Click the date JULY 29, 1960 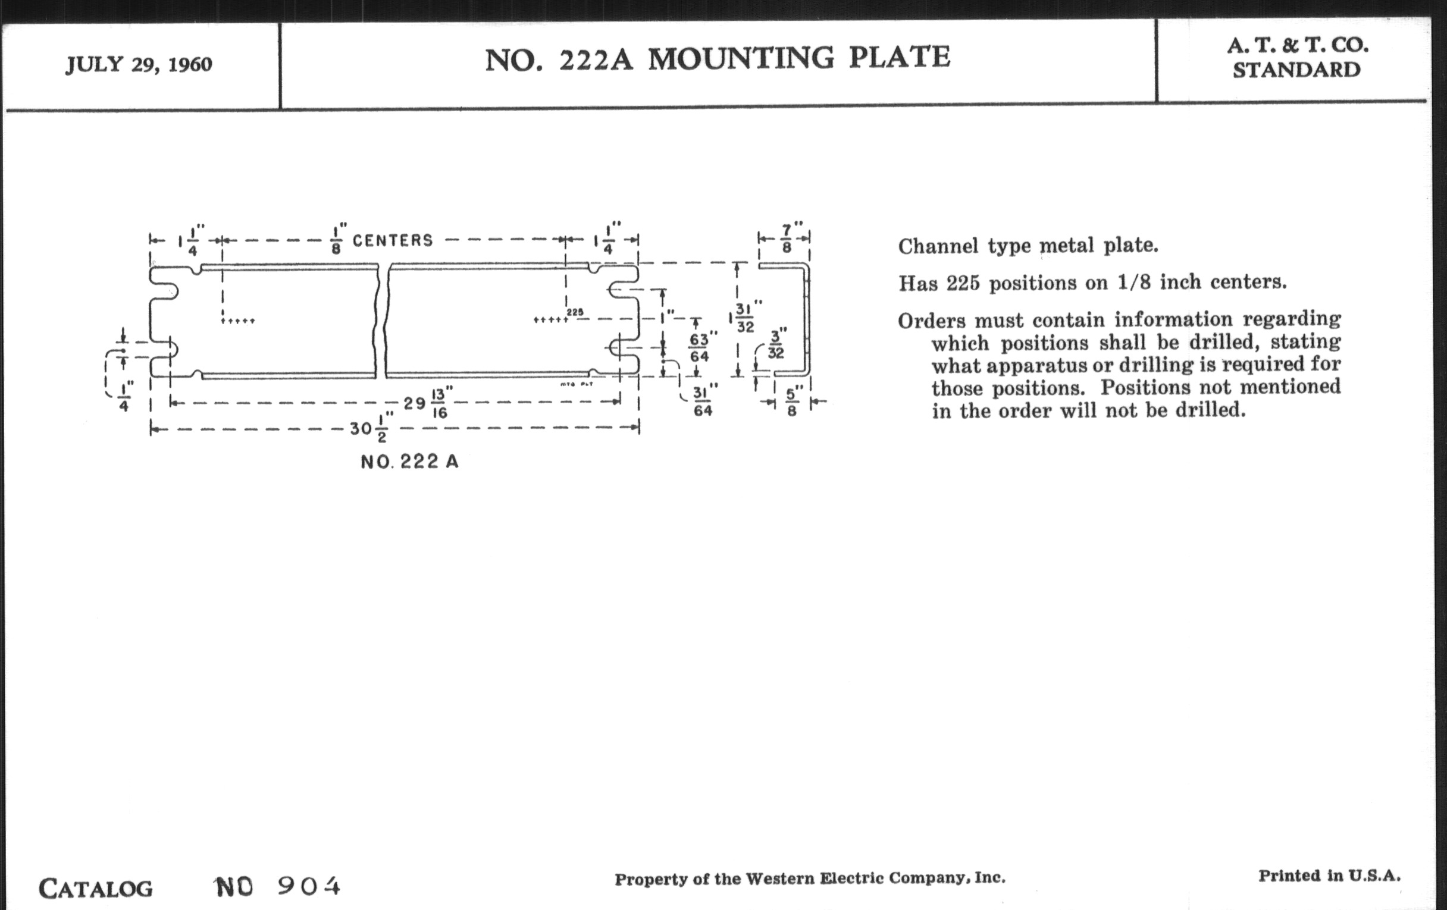(x=139, y=65)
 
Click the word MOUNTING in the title (x=741, y=58)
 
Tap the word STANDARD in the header (x=1296, y=70)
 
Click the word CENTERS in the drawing (x=393, y=241)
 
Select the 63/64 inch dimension (x=701, y=347)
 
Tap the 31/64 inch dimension (x=704, y=401)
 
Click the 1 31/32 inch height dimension (x=744, y=316)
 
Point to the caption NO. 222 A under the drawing (x=409, y=462)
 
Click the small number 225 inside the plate (x=575, y=312)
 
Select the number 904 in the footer (x=309, y=887)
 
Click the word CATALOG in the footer (x=96, y=889)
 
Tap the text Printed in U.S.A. (x=1329, y=876)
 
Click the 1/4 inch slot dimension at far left (x=124, y=397)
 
